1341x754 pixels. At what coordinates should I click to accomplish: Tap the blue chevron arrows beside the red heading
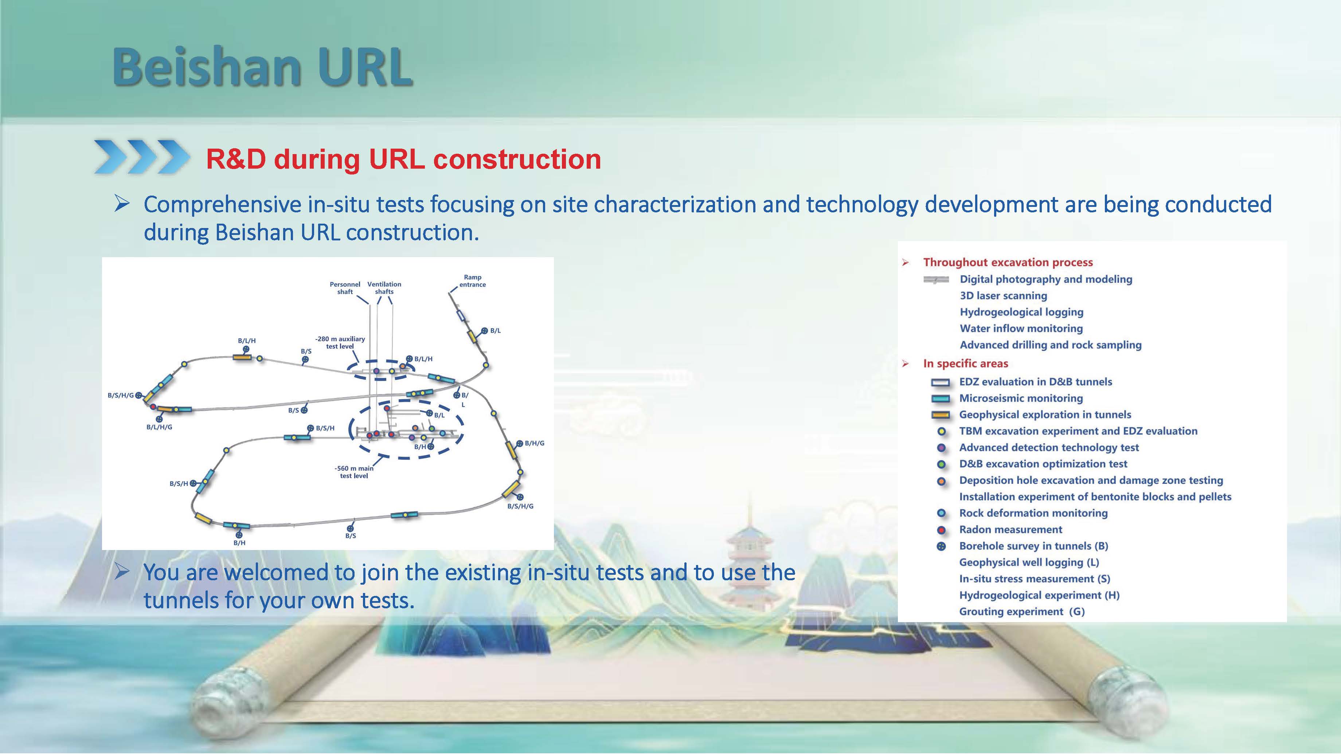142,156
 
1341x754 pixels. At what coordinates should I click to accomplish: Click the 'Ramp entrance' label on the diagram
472,281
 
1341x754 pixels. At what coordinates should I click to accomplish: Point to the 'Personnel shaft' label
345,288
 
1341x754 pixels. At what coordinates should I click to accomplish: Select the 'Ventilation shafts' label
384,288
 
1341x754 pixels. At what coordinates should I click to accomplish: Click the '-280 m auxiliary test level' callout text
340,342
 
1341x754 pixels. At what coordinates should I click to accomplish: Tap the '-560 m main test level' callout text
354,472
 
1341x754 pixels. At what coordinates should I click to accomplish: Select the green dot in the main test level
431,428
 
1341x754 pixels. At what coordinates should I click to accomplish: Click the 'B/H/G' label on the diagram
535,443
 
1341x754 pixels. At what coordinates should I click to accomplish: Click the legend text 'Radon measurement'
1010,529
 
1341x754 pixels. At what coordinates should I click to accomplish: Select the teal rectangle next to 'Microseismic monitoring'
941,398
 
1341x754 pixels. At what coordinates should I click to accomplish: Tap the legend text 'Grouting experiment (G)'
1022,612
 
